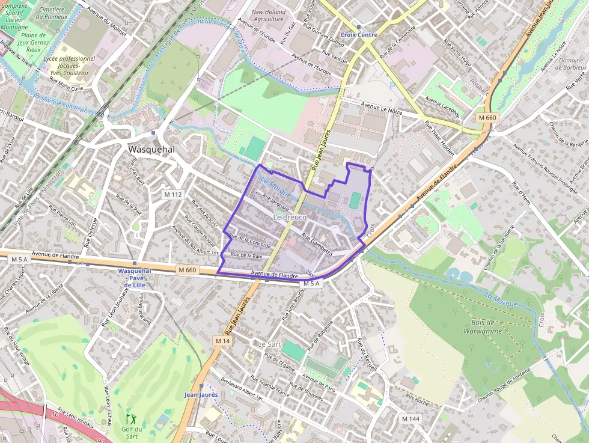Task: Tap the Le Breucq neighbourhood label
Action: point(290,216)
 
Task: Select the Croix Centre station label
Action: point(359,35)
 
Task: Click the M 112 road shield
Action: point(172,194)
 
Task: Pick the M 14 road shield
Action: point(222,341)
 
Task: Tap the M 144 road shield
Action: point(411,418)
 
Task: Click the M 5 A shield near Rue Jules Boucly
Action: point(313,283)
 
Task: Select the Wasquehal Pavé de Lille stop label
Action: point(135,278)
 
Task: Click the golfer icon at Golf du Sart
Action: point(130,418)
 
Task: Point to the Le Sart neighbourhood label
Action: point(269,344)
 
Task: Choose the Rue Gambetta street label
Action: point(317,244)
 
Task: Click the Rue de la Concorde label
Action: point(250,242)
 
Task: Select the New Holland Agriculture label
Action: point(268,15)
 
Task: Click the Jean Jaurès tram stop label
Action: point(200,394)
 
